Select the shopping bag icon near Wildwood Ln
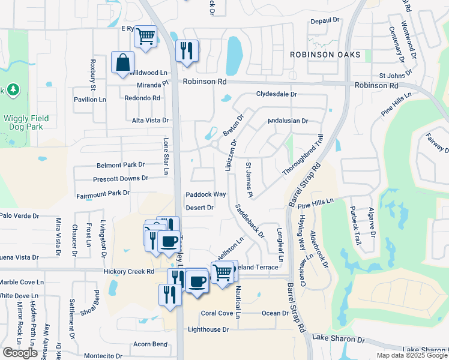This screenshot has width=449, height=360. pyautogui.click(x=122, y=63)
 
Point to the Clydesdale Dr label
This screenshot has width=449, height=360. pyautogui.click(x=276, y=94)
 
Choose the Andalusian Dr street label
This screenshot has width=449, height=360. pyautogui.click(x=288, y=121)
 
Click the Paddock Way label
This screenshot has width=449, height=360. pyautogui.click(x=205, y=194)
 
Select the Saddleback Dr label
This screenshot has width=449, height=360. pyautogui.click(x=250, y=222)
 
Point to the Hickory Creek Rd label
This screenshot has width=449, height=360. pyautogui.click(x=129, y=271)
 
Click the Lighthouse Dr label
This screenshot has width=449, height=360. pyautogui.click(x=208, y=329)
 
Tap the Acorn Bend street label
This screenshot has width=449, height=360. pyautogui.click(x=150, y=344)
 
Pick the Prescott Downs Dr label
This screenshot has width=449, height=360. pyautogui.click(x=120, y=179)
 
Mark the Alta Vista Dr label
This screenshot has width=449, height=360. pyautogui.click(x=150, y=121)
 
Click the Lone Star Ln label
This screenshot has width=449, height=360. pyautogui.click(x=166, y=157)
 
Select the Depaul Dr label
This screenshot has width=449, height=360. pyautogui.click(x=325, y=21)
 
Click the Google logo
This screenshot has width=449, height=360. pyautogui.click(x=20, y=353)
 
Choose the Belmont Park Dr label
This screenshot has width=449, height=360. pyautogui.click(x=121, y=164)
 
